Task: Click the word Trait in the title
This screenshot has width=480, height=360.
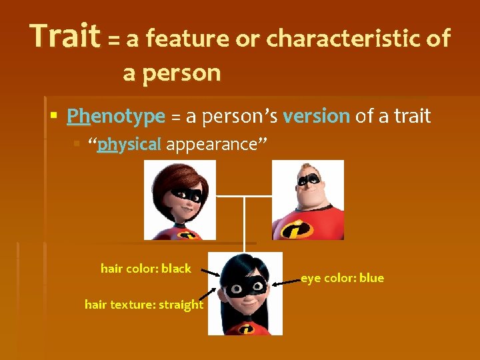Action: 65,36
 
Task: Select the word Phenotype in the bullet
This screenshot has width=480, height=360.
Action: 115,117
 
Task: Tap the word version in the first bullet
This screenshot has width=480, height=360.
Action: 316,117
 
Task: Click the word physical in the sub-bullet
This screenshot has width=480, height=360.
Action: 129,144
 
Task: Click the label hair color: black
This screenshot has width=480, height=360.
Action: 145,269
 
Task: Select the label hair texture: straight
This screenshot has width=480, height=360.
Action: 144,305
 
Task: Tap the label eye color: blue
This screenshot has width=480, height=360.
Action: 342,278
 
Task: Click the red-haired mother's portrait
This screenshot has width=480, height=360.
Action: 180,200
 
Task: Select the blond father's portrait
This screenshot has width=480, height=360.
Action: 308,200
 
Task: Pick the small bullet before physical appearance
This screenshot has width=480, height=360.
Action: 77,144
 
